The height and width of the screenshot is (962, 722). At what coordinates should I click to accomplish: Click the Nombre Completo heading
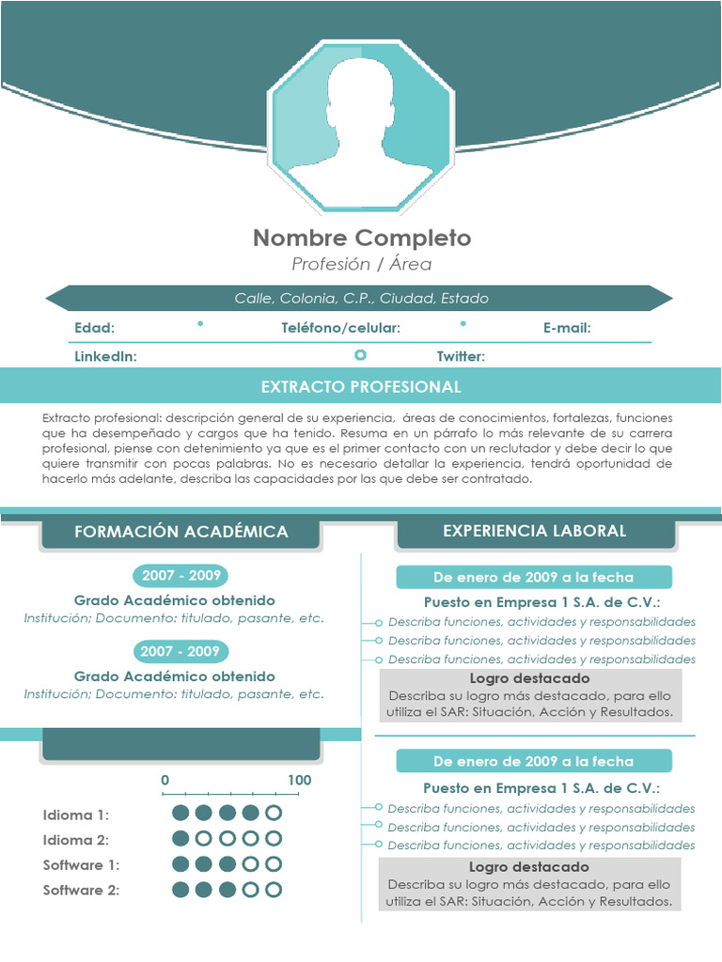click(362, 238)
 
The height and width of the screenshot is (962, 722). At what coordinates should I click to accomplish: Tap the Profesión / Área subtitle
click(362, 264)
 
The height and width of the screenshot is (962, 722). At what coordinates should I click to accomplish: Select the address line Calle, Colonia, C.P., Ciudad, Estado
click(361, 298)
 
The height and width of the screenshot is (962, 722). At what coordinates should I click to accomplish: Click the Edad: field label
click(94, 328)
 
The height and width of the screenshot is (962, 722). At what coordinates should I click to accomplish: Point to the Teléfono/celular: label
click(340, 328)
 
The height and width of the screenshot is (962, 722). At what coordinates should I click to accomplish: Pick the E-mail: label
click(567, 328)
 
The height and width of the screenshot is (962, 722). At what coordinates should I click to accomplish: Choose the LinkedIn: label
click(105, 356)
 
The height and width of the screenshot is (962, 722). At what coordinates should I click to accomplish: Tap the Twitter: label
click(461, 356)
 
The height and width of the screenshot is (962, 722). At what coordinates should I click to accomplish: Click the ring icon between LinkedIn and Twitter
click(360, 354)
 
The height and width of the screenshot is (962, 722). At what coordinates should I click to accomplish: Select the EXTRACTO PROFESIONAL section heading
click(361, 387)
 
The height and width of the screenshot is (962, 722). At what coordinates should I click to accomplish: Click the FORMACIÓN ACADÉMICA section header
click(180, 532)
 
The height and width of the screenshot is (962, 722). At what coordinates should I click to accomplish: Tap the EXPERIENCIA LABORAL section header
click(534, 531)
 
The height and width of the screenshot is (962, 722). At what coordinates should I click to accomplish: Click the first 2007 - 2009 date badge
click(180, 575)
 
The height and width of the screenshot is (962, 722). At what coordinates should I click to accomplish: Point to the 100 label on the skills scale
click(299, 780)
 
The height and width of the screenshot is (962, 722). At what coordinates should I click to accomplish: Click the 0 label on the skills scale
click(165, 780)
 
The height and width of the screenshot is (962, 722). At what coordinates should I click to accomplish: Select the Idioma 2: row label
click(75, 840)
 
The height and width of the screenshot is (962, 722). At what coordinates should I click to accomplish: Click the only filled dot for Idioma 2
click(180, 839)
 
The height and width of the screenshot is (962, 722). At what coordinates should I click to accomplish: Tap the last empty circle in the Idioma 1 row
click(274, 814)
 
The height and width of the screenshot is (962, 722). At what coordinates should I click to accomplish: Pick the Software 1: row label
click(81, 865)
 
